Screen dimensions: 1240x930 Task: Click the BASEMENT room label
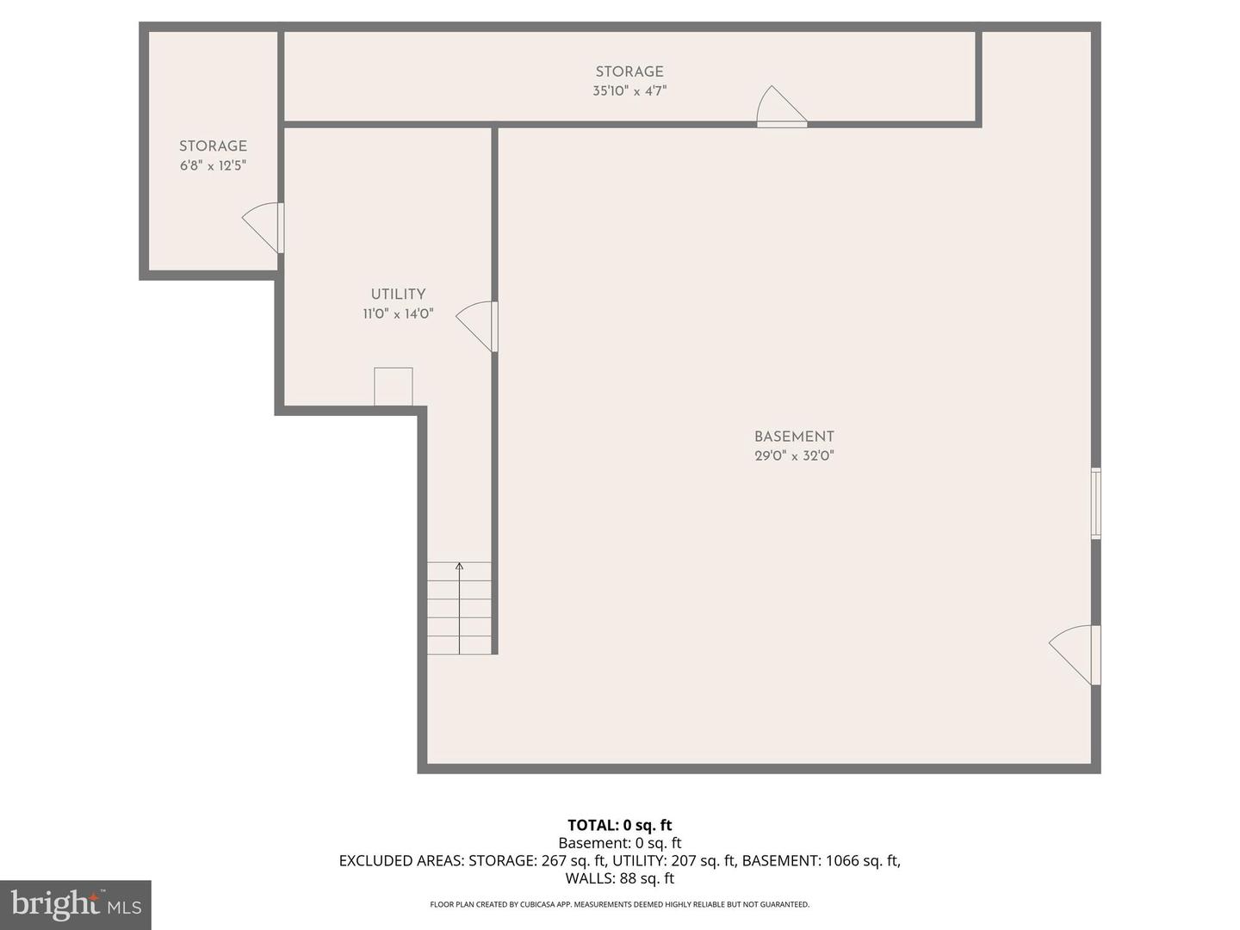794,437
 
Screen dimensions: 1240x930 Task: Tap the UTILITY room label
398,294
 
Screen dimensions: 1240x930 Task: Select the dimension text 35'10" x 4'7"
629,91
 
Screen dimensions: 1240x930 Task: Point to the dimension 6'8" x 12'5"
213,165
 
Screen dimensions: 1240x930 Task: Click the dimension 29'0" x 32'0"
794,456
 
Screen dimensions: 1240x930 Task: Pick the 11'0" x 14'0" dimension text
398,313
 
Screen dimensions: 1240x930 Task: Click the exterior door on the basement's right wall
1075,655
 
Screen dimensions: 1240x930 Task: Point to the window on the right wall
1095,503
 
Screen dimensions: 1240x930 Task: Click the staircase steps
459,608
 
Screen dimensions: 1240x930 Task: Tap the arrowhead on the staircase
459,566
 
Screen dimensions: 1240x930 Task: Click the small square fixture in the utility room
394,387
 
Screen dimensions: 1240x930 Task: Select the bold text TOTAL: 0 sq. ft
620,825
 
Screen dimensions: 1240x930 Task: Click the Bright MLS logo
76,904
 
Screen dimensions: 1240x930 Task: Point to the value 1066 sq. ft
863,860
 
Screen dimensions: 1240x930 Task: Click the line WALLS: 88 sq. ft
620,878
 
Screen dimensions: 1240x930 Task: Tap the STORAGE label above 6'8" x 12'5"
213,146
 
